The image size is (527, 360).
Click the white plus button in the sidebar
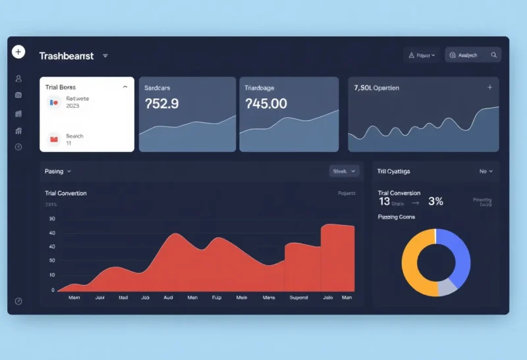tap(18, 52)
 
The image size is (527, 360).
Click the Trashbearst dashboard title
tap(66, 56)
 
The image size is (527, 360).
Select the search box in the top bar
tap(472, 55)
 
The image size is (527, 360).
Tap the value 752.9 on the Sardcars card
tap(161, 103)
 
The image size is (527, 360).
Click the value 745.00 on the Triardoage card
tap(265, 103)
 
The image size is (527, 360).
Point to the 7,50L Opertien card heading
tap(376, 88)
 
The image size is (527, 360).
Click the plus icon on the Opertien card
tap(489, 87)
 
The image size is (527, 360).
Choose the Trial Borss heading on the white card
tap(61, 87)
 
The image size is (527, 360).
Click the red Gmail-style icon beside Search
tap(54, 138)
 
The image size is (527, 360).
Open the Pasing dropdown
tap(58, 171)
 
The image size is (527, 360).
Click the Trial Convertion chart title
tap(65, 193)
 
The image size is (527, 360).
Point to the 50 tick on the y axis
tap(52, 219)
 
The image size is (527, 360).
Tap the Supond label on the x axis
tap(298, 297)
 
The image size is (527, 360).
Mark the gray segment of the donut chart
tap(447, 286)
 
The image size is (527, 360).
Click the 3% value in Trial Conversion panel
tap(435, 201)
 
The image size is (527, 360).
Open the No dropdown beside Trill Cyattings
tap(485, 171)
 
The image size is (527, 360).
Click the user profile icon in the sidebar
tap(18, 79)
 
